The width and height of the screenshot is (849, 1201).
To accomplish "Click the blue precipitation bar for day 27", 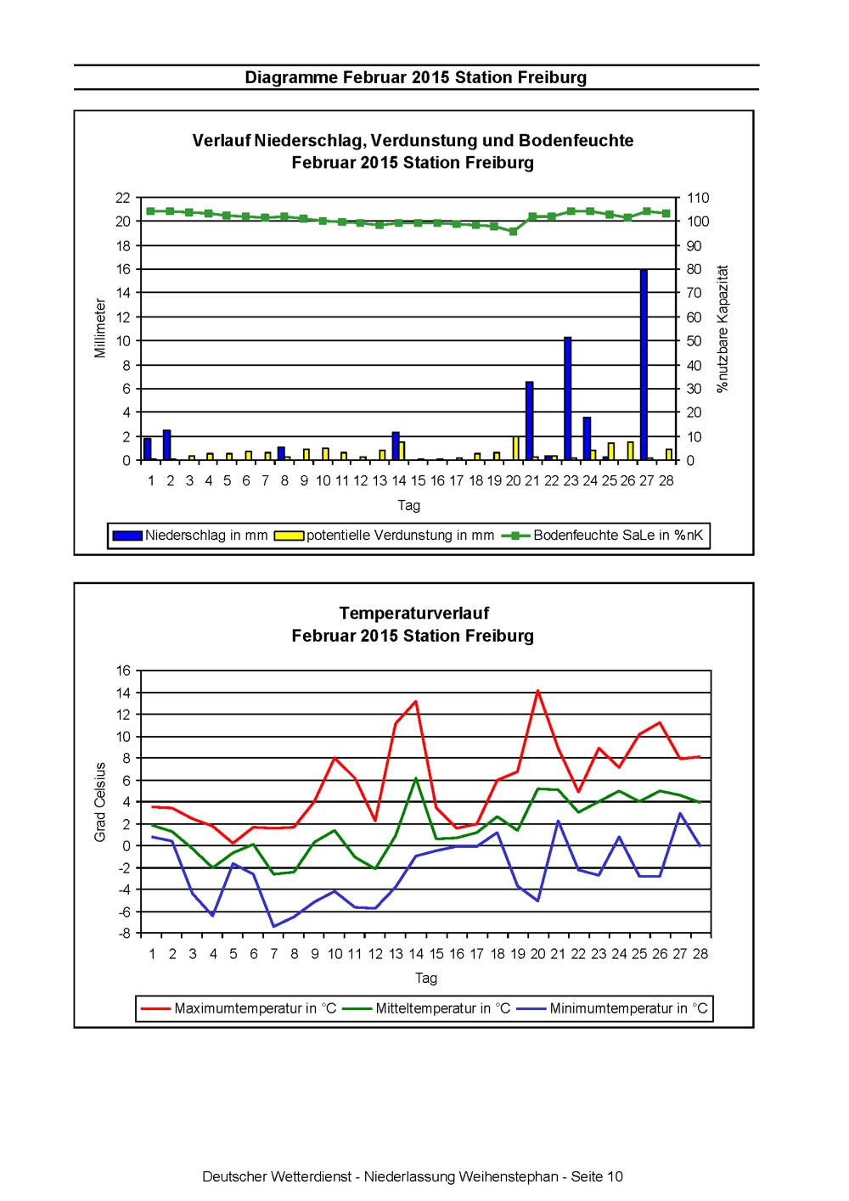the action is click(644, 365).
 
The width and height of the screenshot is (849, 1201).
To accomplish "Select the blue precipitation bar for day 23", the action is click(567, 398).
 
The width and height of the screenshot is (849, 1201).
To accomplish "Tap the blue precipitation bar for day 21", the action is click(529, 421).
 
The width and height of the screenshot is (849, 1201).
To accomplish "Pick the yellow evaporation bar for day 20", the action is click(516, 448).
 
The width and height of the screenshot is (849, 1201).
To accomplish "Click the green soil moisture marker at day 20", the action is click(514, 231).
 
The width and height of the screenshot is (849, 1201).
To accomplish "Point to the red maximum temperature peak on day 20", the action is click(538, 691).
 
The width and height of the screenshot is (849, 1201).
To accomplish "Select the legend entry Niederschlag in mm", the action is click(190, 535).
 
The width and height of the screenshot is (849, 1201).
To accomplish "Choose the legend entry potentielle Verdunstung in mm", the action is click(384, 535).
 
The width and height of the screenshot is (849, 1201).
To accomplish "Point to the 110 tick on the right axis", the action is click(698, 198).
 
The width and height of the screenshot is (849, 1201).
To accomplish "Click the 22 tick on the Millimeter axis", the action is click(123, 198).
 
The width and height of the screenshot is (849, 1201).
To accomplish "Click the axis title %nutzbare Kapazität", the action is click(722, 328).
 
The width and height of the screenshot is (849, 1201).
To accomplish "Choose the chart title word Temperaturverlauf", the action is click(414, 613).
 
